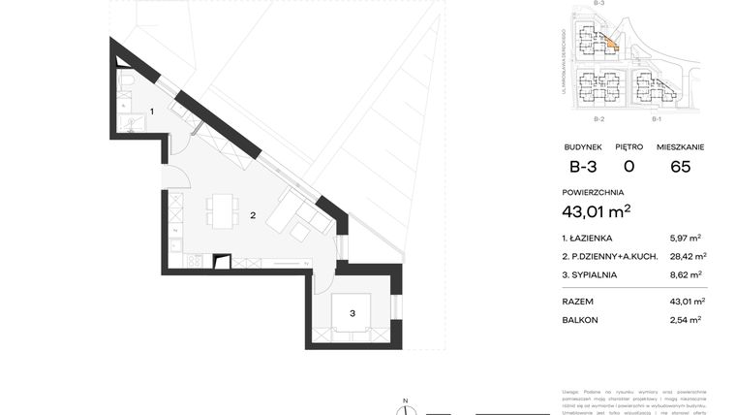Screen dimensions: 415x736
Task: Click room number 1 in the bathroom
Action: click(x=152, y=112)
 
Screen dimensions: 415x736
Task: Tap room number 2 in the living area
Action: click(x=253, y=215)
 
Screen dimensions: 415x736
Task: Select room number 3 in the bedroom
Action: click(x=353, y=312)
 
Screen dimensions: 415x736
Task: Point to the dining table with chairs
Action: click(x=223, y=210)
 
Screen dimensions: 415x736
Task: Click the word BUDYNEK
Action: click(x=583, y=146)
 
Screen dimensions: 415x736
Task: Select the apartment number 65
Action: click(x=680, y=166)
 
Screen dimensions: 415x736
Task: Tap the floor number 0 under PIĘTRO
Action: click(x=629, y=166)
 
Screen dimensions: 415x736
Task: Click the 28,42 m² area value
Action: click(x=688, y=256)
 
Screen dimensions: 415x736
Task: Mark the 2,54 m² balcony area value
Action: click(x=686, y=319)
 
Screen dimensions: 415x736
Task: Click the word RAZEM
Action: click(x=578, y=302)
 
